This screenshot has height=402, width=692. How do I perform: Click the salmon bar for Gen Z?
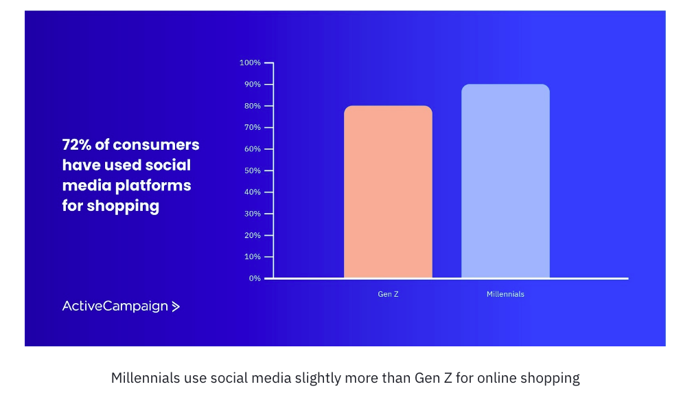[x=388, y=192]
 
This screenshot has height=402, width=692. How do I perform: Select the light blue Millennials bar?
[x=505, y=181]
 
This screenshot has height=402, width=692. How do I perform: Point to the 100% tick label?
[x=250, y=63]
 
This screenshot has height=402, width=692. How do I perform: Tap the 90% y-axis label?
[x=251, y=85]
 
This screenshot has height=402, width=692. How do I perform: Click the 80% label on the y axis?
[x=251, y=107]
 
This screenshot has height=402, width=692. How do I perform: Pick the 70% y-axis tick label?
[x=251, y=128]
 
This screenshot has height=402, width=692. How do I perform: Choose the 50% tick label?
[x=251, y=171]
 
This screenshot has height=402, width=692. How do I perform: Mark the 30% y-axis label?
[x=251, y=214]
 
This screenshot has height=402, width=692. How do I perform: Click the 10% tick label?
[x=251, y=257]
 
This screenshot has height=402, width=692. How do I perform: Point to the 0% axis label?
[x=254, y=278]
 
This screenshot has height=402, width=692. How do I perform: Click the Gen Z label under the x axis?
[x=388, y=294]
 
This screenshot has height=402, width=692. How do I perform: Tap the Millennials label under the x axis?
[x=505, y=294]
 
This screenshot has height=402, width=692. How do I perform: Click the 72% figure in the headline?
[x=77, y=145]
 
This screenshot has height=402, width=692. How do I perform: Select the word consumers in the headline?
[x=157, y=145]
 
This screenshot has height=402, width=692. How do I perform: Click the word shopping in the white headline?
[x=123, y=206]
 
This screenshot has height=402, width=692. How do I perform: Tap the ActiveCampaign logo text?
[x=115, y=306]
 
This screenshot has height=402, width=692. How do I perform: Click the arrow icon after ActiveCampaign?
[x=176, y=306]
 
